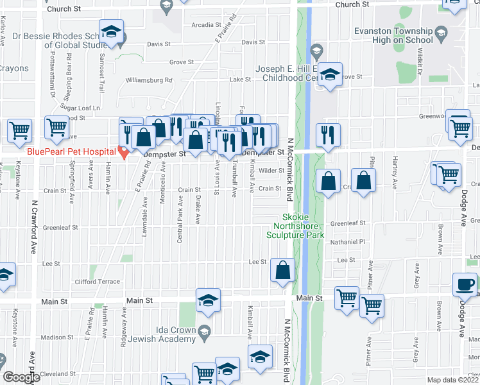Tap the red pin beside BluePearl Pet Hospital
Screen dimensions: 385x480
point(124,151)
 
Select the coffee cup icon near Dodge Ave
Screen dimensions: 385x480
point(466,284)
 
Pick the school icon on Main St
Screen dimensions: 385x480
point(208,300)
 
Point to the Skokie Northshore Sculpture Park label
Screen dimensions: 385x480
point(296,226)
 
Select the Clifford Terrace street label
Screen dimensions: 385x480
point(98,282)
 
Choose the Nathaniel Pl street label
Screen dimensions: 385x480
point(347,243)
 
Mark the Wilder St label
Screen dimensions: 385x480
point(271,171)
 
